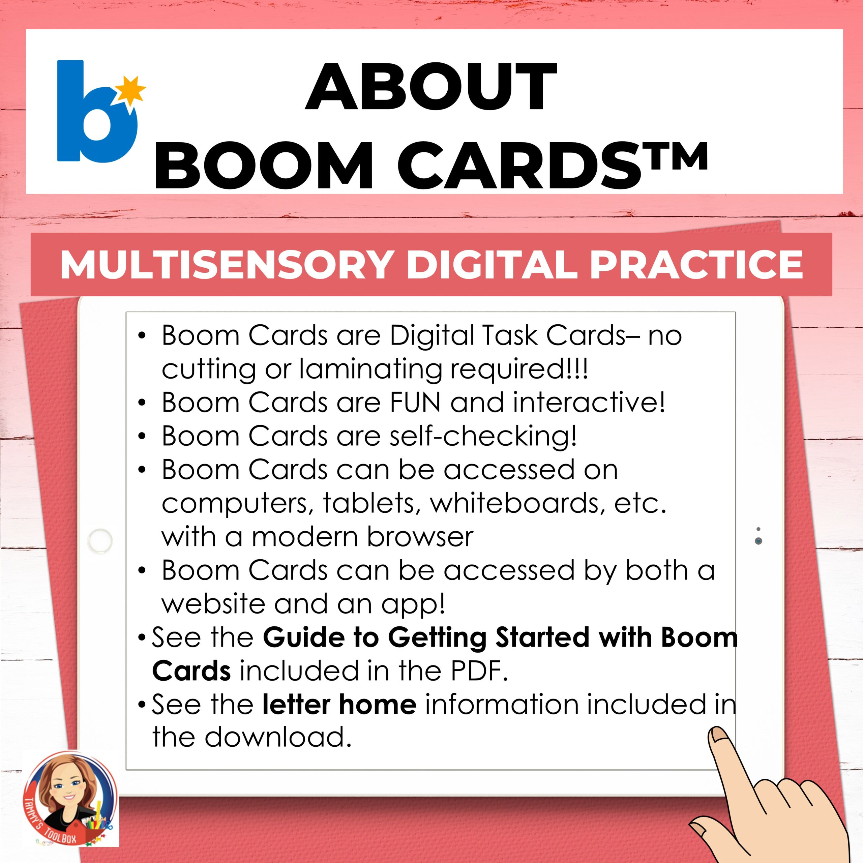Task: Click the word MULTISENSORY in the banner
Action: pyautogui.click(x=226, y=265)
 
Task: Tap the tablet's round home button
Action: pyautogui.click(x=100, y=541)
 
